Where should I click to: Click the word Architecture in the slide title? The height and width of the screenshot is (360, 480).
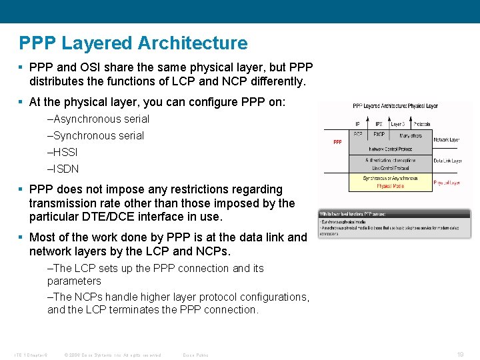tap(193, 43)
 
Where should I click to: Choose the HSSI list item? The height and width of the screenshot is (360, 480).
tap(63, 152)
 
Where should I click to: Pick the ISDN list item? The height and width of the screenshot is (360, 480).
tap(63, 169)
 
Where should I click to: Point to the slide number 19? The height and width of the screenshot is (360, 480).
tap(460, 355)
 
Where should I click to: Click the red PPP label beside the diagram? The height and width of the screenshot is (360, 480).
tap(337, 141)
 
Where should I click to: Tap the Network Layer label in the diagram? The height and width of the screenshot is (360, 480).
tap(446, 139)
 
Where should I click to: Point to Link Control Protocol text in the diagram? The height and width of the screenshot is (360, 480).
tap(390, 168)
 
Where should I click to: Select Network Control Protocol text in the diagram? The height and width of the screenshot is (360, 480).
tap(390, 149)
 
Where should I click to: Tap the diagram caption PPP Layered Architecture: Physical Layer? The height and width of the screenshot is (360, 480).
tap(395, 105)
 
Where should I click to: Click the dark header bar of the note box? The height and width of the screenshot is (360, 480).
tap(394, 213)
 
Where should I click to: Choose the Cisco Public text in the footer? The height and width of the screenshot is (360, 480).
tap(195, 355)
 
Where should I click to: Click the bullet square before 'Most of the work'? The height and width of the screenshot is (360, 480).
tap(22, 237)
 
